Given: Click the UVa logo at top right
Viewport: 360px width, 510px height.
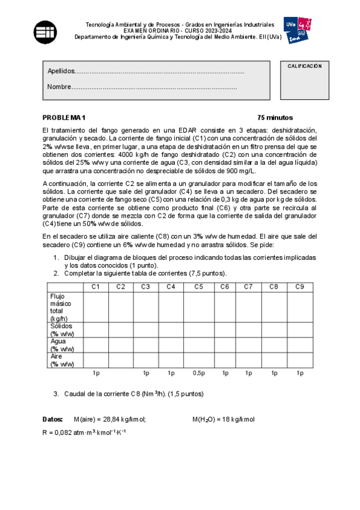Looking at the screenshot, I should coord(299,30).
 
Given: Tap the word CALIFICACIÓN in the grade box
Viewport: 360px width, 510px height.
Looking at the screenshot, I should coord(304,66).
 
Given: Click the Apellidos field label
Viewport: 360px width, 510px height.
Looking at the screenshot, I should coord(61,72).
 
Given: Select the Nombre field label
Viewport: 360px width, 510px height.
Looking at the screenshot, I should coord(59,87).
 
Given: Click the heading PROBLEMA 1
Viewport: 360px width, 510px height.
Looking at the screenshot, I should coord(64,117).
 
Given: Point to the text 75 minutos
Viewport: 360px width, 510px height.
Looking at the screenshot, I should coord(258,117).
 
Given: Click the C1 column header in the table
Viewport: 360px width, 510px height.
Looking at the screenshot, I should coord(96,286).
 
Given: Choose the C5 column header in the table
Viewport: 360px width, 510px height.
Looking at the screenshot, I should coord(198,286).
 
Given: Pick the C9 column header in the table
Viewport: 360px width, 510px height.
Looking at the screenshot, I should coord(299,286).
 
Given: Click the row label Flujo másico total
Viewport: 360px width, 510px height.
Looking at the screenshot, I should coord(61,307).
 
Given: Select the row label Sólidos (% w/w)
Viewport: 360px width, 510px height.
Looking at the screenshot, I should coord(63,330).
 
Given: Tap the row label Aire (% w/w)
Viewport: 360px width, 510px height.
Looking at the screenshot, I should coord(63,360).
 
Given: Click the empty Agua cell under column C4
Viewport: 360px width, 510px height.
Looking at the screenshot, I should coord(171,345).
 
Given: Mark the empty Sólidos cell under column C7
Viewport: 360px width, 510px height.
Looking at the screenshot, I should coord(248,330).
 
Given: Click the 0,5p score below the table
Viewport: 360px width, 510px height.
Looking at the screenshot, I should coord(198,373).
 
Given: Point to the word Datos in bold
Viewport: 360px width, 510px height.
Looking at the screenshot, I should coord(52,419).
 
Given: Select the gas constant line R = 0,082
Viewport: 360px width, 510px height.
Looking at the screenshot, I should coord(84,432).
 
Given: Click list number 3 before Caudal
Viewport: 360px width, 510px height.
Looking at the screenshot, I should coord(56,394).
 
